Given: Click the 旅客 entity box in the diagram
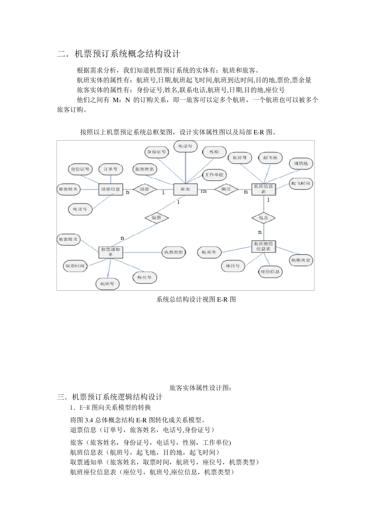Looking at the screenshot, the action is click(185, 189).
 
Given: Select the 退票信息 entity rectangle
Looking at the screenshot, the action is click(111, 189).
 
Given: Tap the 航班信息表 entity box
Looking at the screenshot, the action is click(263, 189).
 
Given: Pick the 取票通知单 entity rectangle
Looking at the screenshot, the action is click(111, 252).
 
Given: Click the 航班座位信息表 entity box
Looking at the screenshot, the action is click(263, 247).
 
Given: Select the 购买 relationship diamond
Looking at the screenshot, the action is click(226, 189).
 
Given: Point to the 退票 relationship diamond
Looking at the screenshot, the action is click(144, 189).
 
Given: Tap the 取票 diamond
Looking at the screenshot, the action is click(156, 218).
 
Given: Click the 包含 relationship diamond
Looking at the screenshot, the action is click(263, 218).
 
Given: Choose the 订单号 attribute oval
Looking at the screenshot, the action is click(111, 169).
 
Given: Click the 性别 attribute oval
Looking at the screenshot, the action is click(214, 152).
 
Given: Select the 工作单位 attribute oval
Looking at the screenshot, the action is click(214, 175).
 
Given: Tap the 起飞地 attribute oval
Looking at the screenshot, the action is click(270, 158).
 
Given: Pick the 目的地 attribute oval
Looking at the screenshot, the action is click(301, 163).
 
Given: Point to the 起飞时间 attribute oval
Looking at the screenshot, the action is click(301, 183).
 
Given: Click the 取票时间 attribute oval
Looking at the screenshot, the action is click(75, 266).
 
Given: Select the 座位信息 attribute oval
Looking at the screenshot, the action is click(270, 272).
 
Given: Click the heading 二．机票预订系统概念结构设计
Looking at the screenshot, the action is click(119, 54).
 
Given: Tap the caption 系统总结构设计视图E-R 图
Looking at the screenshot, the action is click(196, 299).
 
